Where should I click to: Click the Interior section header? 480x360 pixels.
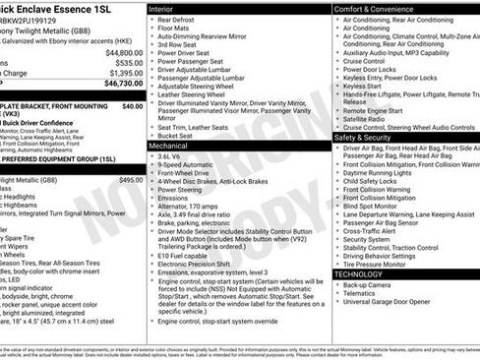pyautogui.click(x=163, y=7)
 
